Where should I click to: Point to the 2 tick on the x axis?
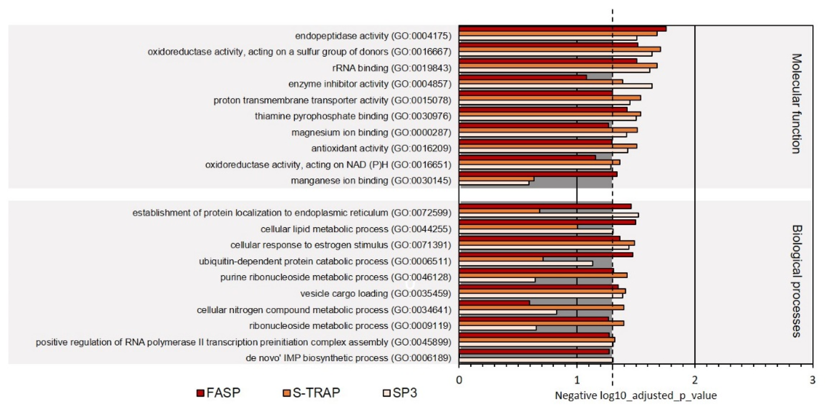click(x=695, y=380)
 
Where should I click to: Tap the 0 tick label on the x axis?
click(x=459, y=380)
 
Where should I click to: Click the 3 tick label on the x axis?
click(x=812, y=380)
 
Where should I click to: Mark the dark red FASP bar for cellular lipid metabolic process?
click(x=547, y=222)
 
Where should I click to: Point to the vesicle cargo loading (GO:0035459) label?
click(x=376, y=294)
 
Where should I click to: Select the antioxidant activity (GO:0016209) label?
click(x=381, y=148)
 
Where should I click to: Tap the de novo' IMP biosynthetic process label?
click(x=348, y=358)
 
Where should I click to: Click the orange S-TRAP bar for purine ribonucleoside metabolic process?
click(x=543, y=275)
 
